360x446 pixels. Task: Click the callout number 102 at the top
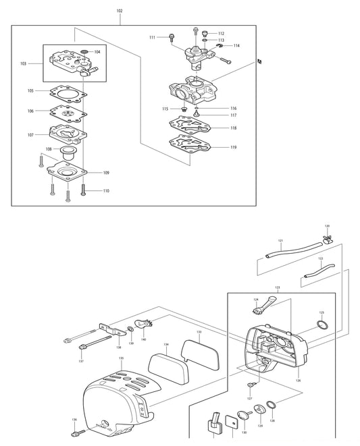120,11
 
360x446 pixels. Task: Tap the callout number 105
30,90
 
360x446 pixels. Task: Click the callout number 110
106,191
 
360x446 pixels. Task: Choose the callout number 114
236,45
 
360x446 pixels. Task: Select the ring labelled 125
324,325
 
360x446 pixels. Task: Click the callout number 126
297,381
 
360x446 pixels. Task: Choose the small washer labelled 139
130,331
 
